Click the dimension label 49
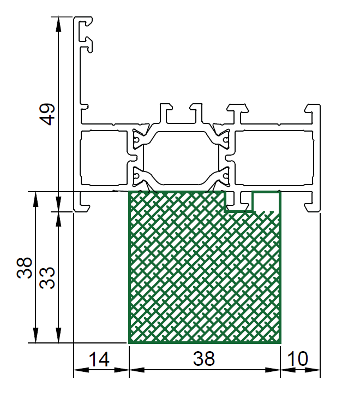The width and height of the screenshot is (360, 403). (x=47, y=114)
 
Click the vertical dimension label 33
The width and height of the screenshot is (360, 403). (x=47, y=278)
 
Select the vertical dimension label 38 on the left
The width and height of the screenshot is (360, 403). (x=24, y=268)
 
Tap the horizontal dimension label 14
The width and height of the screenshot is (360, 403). (x=99, y=359)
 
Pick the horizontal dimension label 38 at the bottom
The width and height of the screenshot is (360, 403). (x=204, y=359)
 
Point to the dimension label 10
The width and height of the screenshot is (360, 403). (x=298, y=359)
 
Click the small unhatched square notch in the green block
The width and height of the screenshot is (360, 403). (x=266, y=201)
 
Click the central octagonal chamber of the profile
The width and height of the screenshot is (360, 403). (x=181, y=158)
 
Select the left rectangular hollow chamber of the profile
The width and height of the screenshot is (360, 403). (x=104, y=158)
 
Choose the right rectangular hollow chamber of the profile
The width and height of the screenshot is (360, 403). (x=274, y=158)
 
